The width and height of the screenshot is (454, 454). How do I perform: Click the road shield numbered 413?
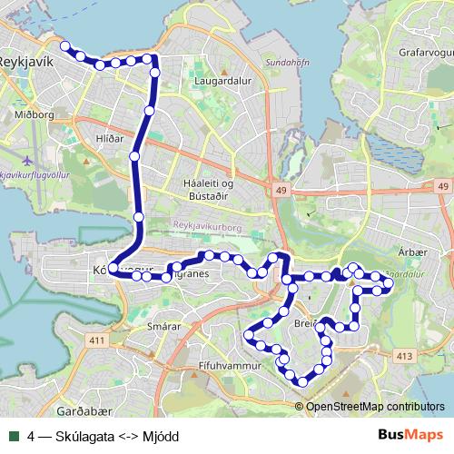[x=404, y=356]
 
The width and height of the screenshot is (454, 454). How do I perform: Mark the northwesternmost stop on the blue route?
[x=64, y=45]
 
